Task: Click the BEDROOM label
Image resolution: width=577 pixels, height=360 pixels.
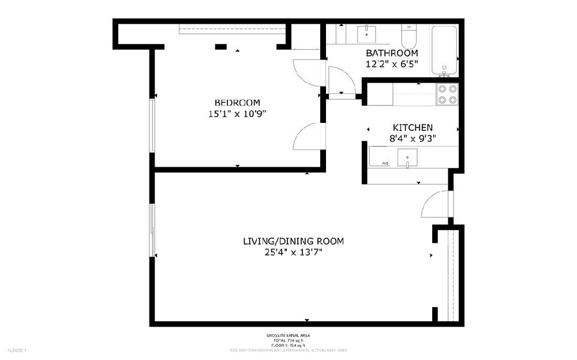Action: tap(237, 103)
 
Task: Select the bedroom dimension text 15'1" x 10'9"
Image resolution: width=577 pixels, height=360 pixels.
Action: tap(237, 114)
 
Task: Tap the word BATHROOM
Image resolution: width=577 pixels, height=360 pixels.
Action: tap(391, 53)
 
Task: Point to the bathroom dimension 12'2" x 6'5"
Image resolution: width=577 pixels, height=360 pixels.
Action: tap(391, 64)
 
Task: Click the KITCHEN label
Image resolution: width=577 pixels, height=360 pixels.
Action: tap(413, 127)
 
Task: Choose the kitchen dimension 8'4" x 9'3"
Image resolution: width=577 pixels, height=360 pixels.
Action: tap(413, 138)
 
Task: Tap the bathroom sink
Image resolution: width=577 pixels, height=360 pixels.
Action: tap(366, 33)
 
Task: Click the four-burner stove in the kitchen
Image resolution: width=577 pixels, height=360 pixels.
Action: tap(447, 94)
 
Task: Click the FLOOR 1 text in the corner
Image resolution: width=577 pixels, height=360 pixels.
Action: tap(17, 350)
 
